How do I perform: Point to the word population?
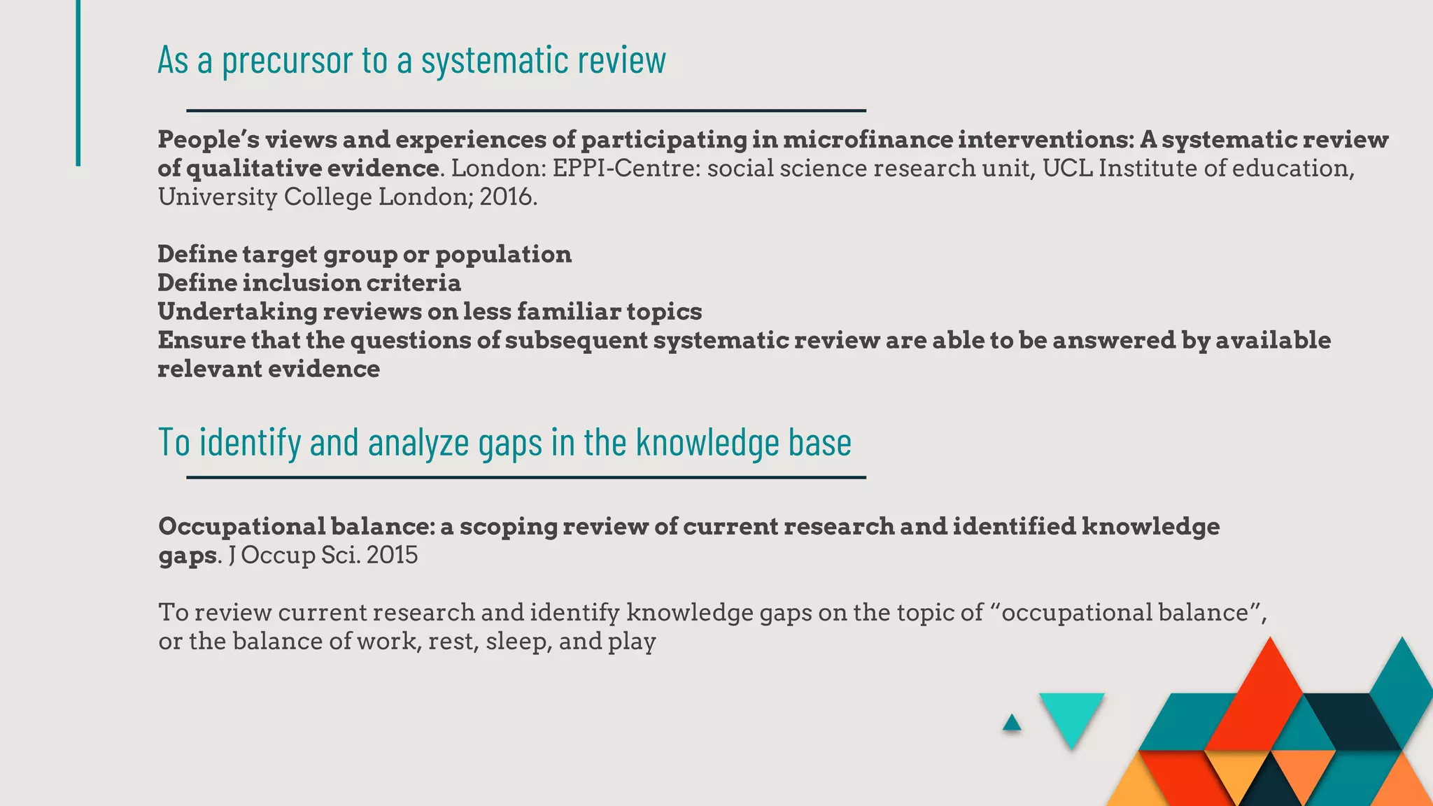(x=503, y=255)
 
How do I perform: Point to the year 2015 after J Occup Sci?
(x=392, y=556)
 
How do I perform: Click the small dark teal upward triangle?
(x=1012, y=723)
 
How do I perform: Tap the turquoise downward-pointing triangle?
(x=1071, y=715)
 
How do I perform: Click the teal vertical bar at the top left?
(x=78, y=83)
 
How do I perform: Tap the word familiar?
(x=568, y=312)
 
